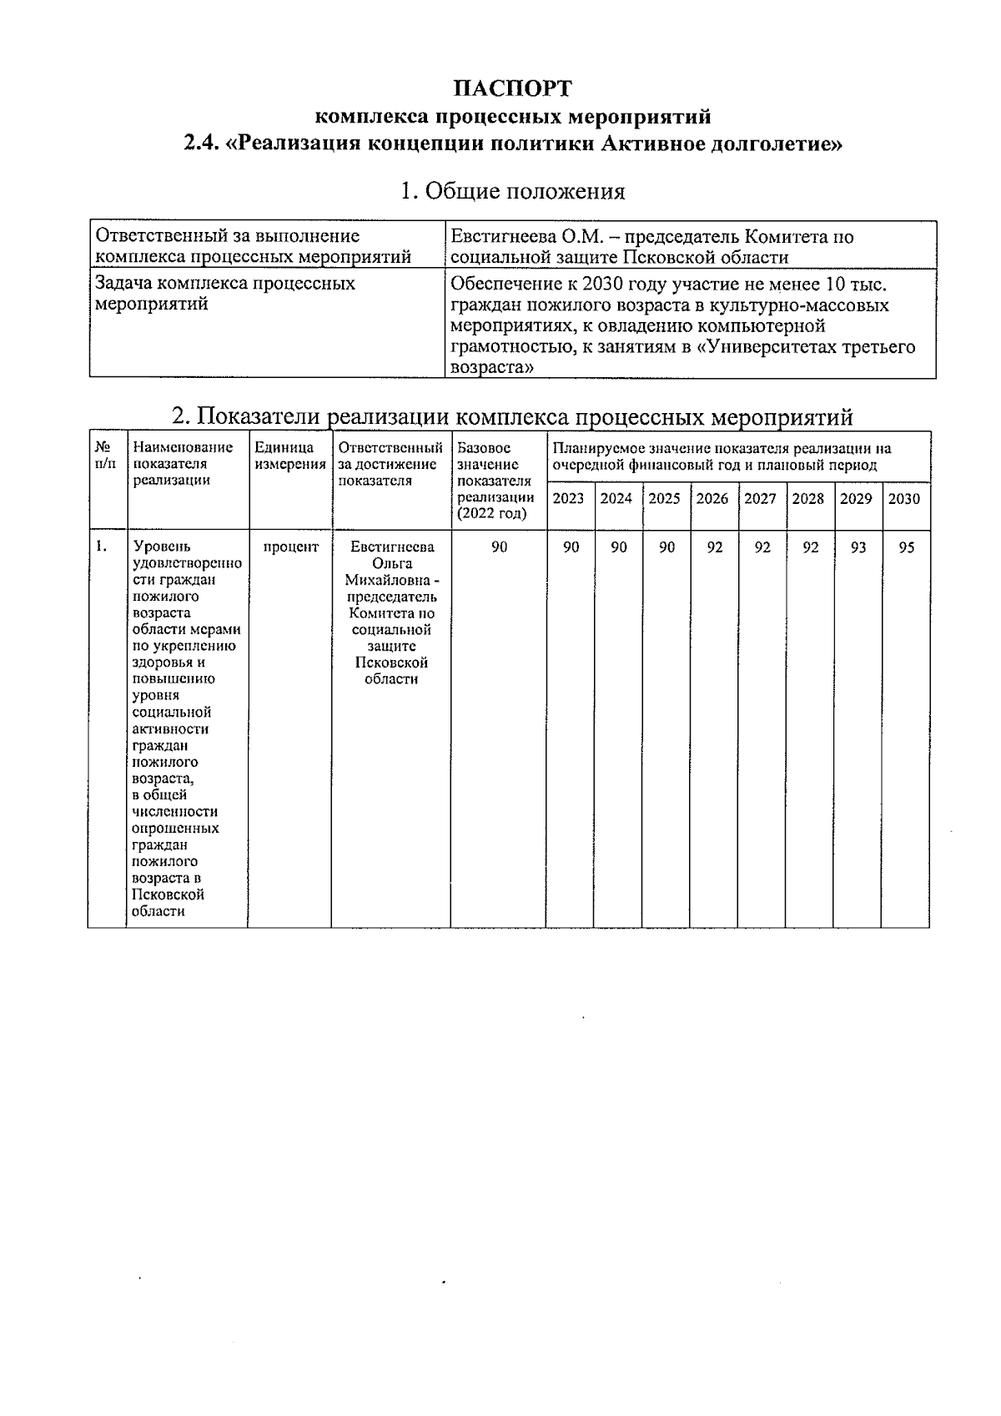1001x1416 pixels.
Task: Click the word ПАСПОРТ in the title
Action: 513,88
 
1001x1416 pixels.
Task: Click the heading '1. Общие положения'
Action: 512,191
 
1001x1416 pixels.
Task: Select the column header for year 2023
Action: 569,499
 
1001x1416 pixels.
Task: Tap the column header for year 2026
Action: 712,499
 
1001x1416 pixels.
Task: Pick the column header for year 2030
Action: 904,499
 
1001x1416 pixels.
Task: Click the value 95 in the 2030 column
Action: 906,547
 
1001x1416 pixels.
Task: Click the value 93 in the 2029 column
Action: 858,547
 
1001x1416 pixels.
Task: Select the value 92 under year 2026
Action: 714,547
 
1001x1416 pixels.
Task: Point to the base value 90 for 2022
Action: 499,547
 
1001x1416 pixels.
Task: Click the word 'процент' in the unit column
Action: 290,547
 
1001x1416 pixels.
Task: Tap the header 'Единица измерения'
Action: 289,456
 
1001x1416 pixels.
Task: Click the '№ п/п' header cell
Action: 105,456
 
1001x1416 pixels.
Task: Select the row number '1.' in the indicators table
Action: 101,547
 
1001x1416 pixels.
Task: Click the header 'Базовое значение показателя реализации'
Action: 495,481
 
